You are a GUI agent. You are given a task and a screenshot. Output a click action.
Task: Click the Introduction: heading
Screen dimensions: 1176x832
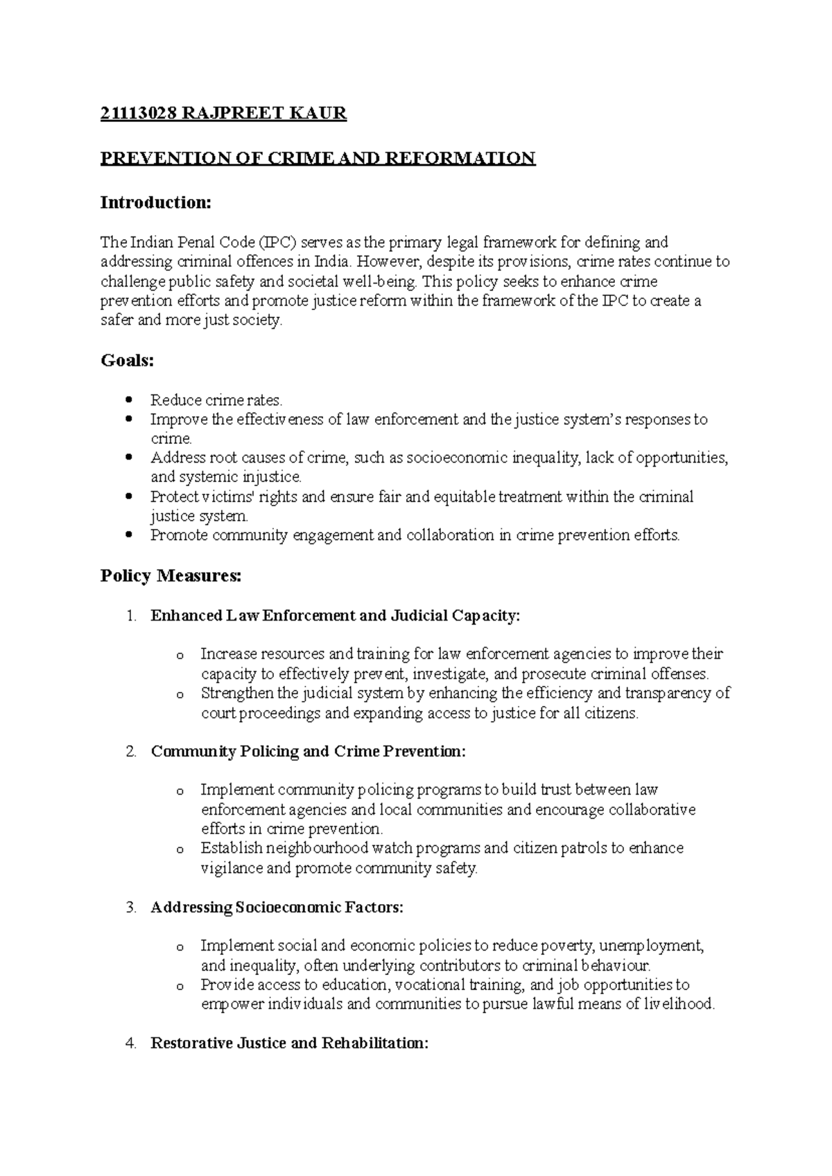[x=155, y=202]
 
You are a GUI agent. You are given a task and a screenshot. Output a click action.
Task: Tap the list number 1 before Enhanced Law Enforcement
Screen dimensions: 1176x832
[x=132, y=616]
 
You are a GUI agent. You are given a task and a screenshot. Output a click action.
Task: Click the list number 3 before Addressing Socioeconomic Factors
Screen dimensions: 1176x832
[x=132, y=907]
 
